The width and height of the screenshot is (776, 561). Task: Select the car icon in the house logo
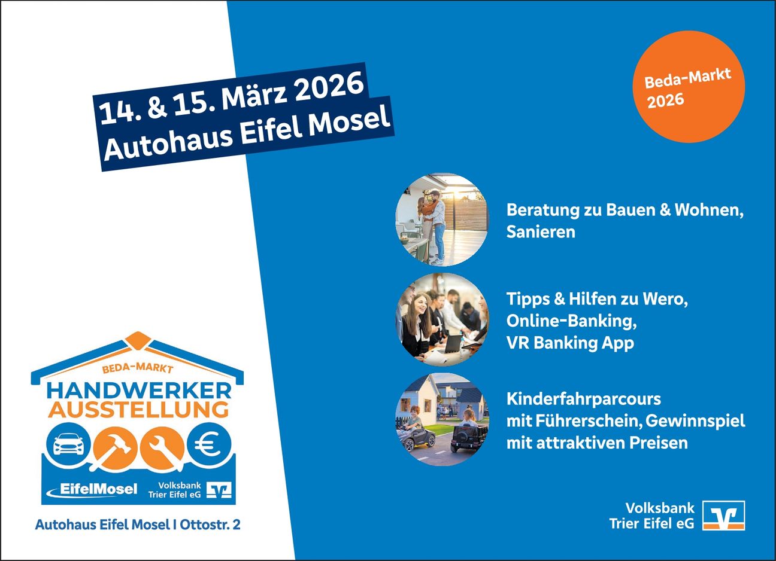click(x=69, y=444)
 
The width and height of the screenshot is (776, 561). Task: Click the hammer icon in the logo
click(x=114, y=449)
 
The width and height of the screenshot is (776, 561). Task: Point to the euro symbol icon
click(x=209, y=444)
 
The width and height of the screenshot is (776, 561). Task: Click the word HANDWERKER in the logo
click(x=139, y=391)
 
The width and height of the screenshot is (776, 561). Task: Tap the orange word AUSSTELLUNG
click(x=138, y=410)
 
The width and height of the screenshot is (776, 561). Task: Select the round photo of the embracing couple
click(x=442, y=219)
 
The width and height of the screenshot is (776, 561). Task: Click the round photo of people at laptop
click(x=442, y=319)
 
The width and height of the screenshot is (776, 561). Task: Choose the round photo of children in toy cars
click(x=442, y=419)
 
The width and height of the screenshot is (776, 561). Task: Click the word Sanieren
click(x=541, y=232)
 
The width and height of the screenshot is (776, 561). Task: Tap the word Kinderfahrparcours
click(x=584, y=400)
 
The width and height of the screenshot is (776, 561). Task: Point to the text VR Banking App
click(x=570, y=343)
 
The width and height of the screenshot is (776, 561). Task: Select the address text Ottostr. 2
click(x=210, y=525)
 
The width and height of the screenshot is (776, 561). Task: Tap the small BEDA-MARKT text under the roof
click(x=138, y=368)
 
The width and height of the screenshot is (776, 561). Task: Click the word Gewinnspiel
click(x=695, y=421)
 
